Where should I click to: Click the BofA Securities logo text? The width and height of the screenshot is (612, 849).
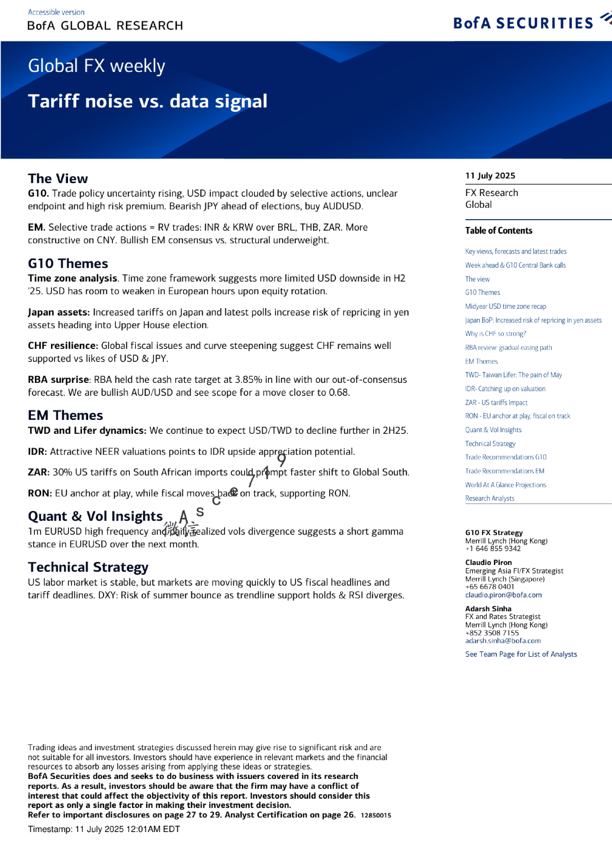(523, 23)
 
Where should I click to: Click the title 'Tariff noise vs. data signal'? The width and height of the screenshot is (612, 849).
(148, 101)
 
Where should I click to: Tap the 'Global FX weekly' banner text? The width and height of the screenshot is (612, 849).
(96, 66)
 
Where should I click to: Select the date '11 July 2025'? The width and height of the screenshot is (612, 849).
(490, 175)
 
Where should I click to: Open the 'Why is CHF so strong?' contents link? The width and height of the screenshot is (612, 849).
(496, 333)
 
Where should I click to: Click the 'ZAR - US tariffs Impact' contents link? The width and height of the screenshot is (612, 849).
(496, 402)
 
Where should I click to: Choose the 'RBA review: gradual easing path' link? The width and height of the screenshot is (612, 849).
(508, 347)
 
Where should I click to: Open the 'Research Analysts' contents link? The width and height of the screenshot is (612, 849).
(489, 498)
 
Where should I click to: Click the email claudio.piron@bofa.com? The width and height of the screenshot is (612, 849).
(503, 595)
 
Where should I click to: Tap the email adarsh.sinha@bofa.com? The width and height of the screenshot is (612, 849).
(503, 641)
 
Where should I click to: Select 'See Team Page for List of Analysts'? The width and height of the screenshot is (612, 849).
(521, 654)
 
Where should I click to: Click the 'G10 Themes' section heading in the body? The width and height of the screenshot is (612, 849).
(68, 263)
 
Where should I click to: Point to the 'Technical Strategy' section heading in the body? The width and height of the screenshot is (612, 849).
(88, 567)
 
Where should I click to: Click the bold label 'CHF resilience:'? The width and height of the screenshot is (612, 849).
(63, 346)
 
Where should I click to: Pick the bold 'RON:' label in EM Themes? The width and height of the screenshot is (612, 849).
(40, 493)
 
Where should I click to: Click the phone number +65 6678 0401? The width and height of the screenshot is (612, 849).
(489, 587)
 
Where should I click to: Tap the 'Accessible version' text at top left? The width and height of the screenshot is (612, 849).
(56, 12)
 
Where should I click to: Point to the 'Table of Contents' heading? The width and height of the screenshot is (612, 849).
(499, 231)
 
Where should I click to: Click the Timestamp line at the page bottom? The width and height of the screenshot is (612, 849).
(104, 829)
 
